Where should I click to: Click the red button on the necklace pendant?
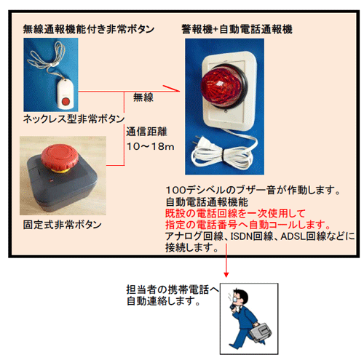coord(66,101)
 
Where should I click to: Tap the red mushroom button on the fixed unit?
coord(60,157)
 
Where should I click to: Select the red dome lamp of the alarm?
coord(221,87)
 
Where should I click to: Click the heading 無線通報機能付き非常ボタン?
coord(89,29)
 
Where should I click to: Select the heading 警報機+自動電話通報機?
coord(237,29)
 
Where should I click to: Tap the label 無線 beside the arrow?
coord(143,97)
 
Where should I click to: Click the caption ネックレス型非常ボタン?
coord(74,119)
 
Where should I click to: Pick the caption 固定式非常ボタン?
coord(63,225)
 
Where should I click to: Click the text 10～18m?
coord(151,146)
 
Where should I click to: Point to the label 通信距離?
coord(146,132)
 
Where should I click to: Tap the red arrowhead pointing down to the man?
coord(226,274)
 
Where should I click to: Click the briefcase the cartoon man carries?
coord(261,332)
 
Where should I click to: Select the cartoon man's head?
coord(240,297)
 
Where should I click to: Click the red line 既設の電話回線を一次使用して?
coord(235,213)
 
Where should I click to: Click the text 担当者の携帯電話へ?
coord(173,289)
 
